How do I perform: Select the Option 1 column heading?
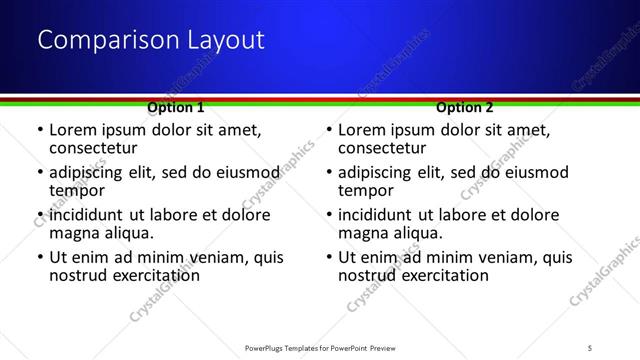[175, 107]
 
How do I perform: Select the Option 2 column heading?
[465, 107]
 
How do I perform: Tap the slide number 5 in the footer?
[590, 348]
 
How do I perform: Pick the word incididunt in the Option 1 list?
[89, 215]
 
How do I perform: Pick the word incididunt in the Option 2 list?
[378, 215]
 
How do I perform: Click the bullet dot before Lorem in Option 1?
[39, 131]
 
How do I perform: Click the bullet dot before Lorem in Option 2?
[328, 131]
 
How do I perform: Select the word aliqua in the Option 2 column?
[418, 233]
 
